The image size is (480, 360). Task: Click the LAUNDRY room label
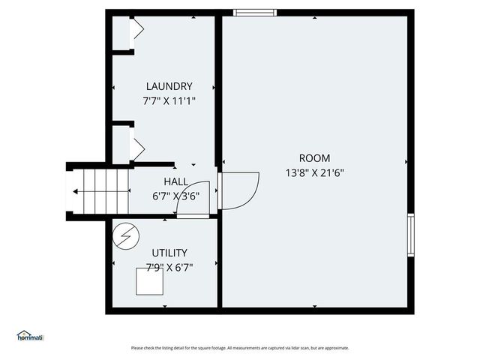point(169,86)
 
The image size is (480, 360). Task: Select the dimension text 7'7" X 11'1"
point(169,100)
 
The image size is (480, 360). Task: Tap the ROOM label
point(314,158)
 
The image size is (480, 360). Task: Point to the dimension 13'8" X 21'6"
point(314,172)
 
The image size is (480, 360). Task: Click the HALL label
point(176,182)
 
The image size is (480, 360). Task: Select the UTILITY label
point(169,253)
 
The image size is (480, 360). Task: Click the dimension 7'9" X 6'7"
point(169,266)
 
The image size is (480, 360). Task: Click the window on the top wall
point(255,12)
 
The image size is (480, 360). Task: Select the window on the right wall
point(410,235)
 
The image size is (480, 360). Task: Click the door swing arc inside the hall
point(196,199)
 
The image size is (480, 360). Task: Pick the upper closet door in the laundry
point(136,31)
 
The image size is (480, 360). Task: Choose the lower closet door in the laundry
point(136,147)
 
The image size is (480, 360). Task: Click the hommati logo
point(30,336)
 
